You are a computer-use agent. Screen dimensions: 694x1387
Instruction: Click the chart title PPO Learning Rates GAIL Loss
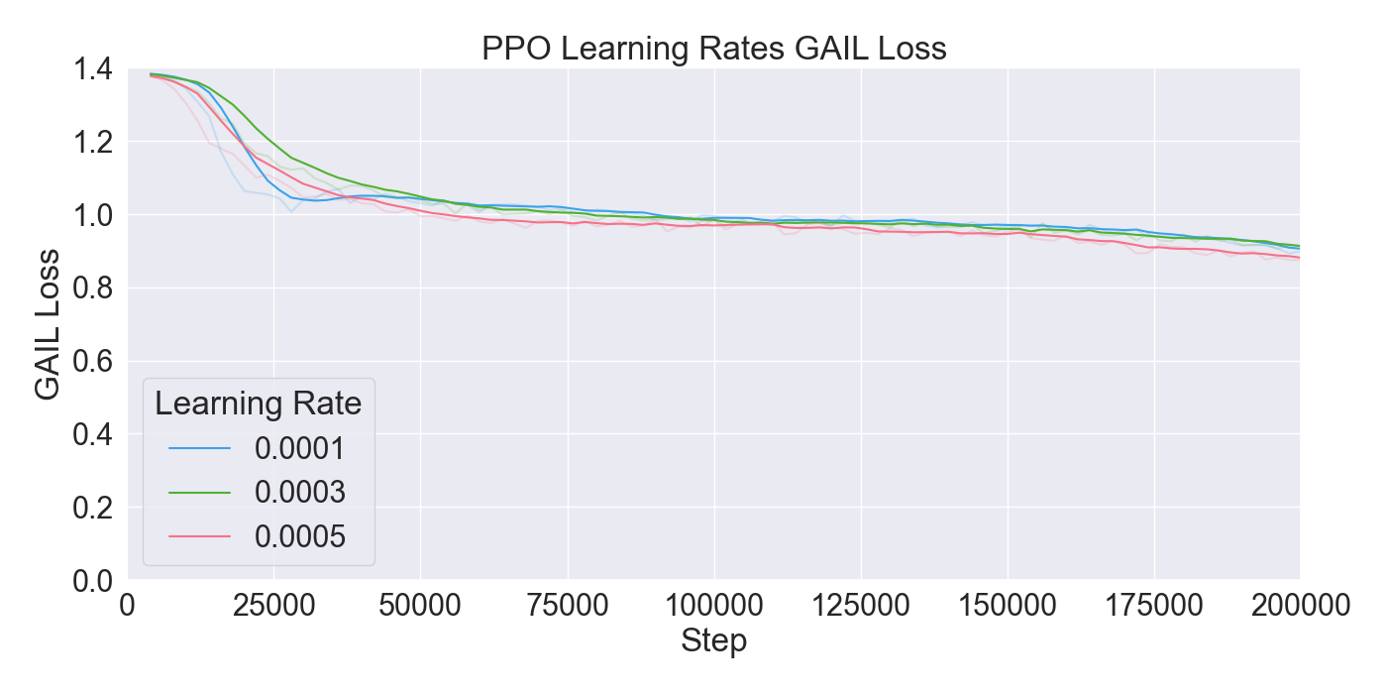tap(713, 49)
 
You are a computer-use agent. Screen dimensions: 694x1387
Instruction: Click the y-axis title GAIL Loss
tap(48, 324)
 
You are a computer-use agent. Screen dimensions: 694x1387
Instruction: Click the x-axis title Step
tap(713, 641)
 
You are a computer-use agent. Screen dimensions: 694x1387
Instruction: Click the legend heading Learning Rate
tap(259, 405)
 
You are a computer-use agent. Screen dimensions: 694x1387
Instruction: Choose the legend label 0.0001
tap(300, 449)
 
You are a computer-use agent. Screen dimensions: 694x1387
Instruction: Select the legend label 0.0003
tap(300, 493)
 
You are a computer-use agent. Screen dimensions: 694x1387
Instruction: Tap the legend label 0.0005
tap(300, 536)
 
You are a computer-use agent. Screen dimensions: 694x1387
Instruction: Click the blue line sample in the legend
tap(199, 449)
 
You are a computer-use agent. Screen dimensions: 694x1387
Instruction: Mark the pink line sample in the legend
tap(199, 536)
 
